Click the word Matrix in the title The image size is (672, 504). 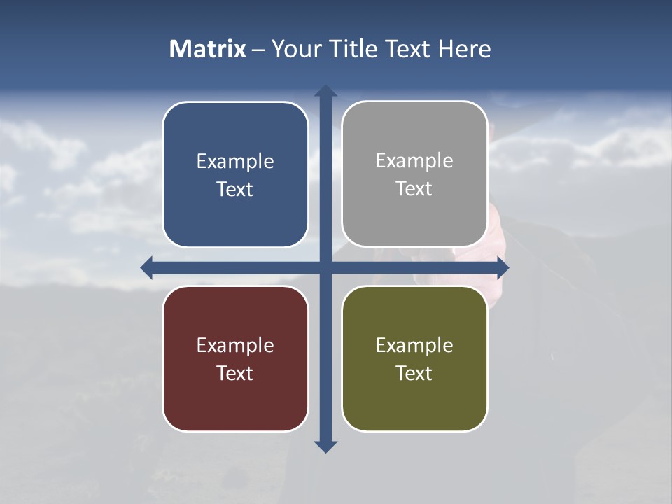tap(207, 49)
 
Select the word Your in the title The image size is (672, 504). tap(295, 49)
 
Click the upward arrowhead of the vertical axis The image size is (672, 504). tap(325, 91)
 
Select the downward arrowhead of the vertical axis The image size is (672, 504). tap(325, 446)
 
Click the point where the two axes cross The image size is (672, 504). tap(325, 267)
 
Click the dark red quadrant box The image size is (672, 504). tap(235, 399)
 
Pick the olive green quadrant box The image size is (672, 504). tap(414, 399)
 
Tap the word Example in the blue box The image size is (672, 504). tap(235, 162)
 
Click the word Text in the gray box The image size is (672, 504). tap(414, 189)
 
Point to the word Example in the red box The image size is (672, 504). tap(235, 346)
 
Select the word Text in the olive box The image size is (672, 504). tap(414, 374)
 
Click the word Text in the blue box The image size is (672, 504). tap(235, 190)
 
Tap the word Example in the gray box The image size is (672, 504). tap(414, 161)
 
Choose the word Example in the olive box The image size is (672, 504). tap(414, 346)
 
